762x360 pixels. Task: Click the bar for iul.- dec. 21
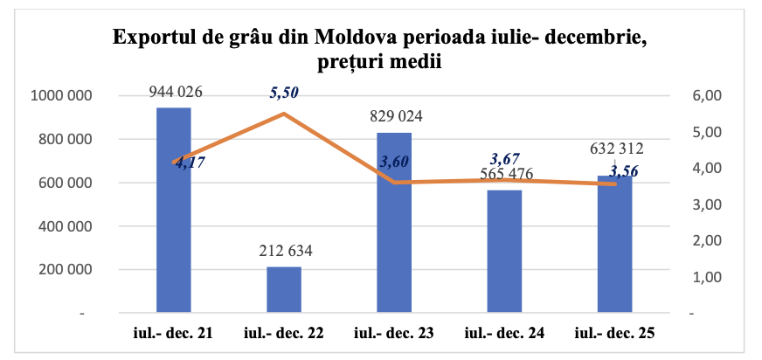tap(174, 210)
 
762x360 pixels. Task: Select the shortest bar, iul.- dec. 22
tap(283, 289)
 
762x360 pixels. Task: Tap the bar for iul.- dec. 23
tap(393, 222)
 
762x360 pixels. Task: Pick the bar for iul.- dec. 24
tap(503, 251)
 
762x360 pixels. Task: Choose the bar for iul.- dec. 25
tap(613, 244)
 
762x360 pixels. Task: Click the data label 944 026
tap(174, 91)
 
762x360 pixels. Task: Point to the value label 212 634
tap(283, 252)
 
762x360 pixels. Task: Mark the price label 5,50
tap(285, 93)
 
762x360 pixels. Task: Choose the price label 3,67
tap(505, 158)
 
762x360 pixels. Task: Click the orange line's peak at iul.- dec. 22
tap(283, 114)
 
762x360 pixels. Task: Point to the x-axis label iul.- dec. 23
tap(393, 333)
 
